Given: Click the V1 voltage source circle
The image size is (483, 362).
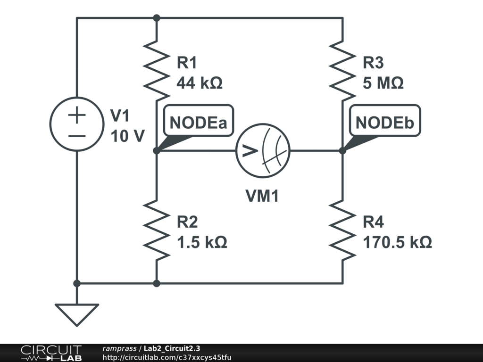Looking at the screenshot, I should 77,124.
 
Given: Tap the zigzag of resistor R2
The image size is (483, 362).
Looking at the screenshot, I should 157,230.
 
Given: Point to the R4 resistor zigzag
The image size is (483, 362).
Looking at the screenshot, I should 342,230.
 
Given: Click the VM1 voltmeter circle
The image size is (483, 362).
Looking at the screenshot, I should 263,151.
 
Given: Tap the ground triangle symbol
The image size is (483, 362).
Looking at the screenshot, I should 77,313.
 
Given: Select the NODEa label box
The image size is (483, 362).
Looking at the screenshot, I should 198,123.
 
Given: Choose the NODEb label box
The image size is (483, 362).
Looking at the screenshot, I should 384,123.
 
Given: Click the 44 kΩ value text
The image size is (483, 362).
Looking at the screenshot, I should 199,83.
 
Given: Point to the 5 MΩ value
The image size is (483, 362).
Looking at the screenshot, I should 383,83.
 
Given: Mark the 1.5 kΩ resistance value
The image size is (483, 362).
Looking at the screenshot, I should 201,242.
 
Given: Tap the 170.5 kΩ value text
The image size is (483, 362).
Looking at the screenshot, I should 397,242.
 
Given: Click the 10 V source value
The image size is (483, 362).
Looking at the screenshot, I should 127,136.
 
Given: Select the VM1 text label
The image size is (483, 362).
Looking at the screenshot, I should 262,196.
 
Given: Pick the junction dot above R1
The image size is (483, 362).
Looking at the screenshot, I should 157,18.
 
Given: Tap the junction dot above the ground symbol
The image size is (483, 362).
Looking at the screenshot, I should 77,283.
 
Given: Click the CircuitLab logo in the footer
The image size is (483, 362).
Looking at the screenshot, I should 51,353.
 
